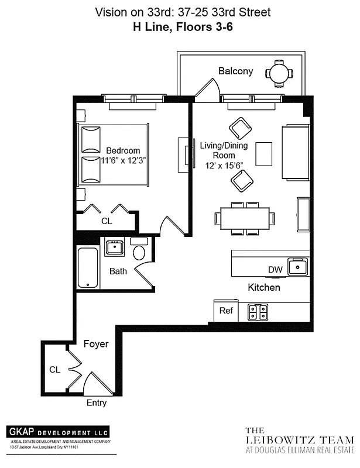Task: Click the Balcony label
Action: [x=235, y=71]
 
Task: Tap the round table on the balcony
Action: [x=279, y=73]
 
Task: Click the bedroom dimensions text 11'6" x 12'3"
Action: [x=123, y=160]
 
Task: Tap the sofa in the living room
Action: [x=296, y=152]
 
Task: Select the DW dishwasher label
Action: [x=275, y=269]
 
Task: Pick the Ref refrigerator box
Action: [x=226, y=311]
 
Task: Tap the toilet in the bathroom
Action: [x=139, y=252]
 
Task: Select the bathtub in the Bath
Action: [x=88, y=268]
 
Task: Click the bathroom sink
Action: [x=114, y=247]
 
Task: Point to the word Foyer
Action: [x=96, y=344]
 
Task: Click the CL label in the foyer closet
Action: [x=54, y=370]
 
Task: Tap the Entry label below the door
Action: [x=97, y=403]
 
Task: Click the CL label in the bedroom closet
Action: [x=107, y=221]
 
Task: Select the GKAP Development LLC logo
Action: [x=58, y=432]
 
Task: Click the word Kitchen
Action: [x=264, y=288]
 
